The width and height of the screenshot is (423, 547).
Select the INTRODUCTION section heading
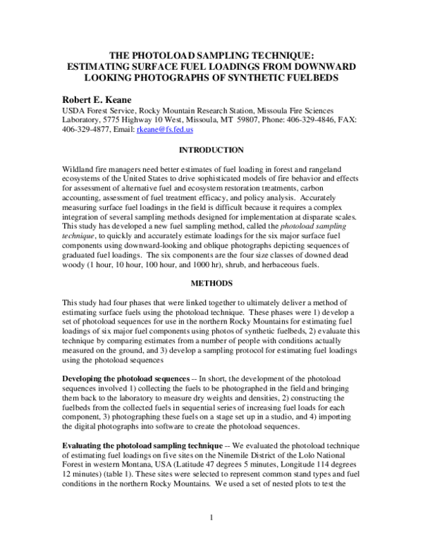point(211,150)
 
